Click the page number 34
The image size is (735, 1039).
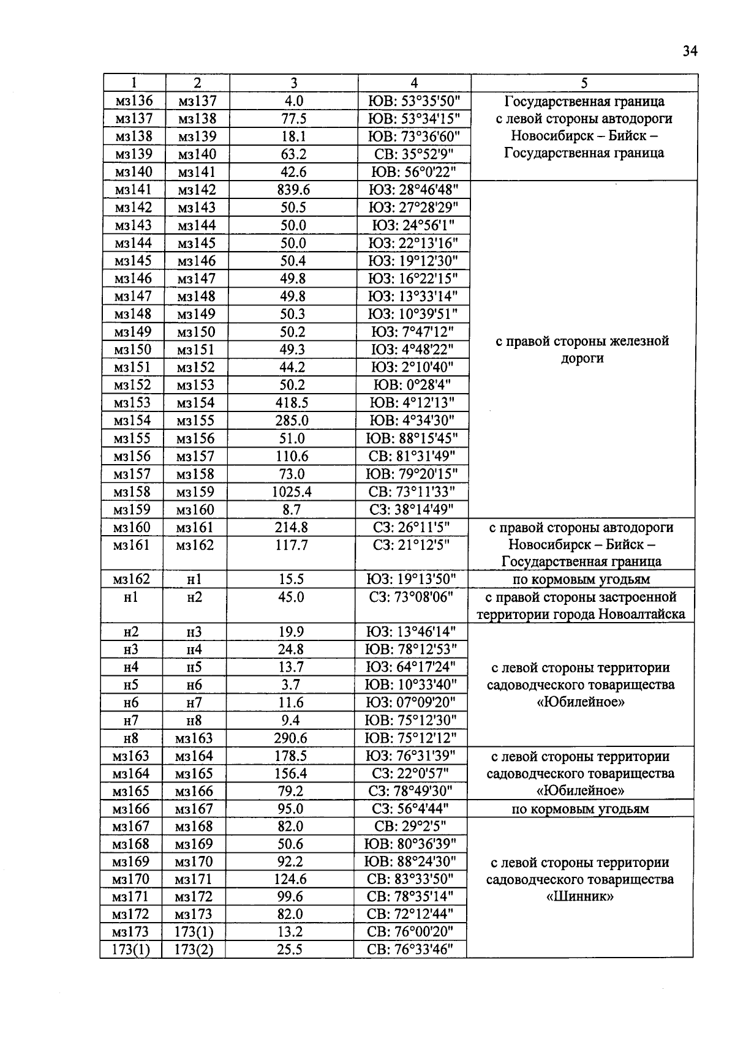pyautogui.click(x=690, y=51)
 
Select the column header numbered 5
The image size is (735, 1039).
pyautogui.click(x=584, y=83)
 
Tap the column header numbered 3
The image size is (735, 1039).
pyautogui.click(x=293, y=83)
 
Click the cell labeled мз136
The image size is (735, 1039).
pyautogui.click(x=134, y=101)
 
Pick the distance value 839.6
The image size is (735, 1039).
pyautogui.click(x=293, y=190)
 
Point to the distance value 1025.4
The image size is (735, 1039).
pyautogui.click(x=292, y=492)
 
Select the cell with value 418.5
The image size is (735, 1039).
pyautogui.click(x=292, y=403)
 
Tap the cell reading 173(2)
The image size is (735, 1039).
pyautogui.click(x=194, y=950)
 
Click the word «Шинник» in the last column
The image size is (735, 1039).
pyautogui.click(x=579, y=897)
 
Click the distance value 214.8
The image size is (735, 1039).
pyautogui.click(x=292, y=527)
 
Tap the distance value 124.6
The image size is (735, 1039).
pyautogui.click(x=290, y=879)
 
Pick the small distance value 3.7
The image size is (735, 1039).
pyautogui.click(x=290, y=685)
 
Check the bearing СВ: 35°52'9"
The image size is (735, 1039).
pyautogui.click(x=413, y=154)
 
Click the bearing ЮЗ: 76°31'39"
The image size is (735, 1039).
pyautogui.click(x=410, y=756)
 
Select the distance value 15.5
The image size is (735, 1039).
pyautogui.click(x=291, y=579)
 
